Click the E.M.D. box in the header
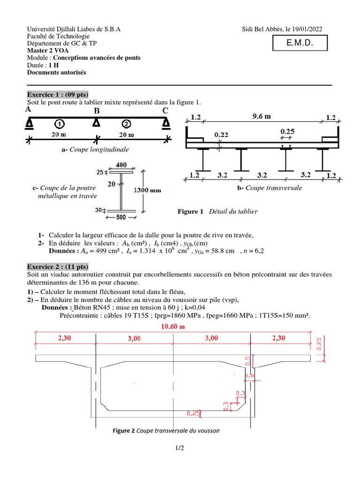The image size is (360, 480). [x=300, y=44]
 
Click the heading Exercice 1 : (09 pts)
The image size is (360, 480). [x=58, y=94]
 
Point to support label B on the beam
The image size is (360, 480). [x=97, y=111]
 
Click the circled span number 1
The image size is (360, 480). [x=59, y=124]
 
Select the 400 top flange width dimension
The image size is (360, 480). [x=121, y=165]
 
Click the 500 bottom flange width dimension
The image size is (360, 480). [x=121, y=217]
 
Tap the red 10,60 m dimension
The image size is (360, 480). [x=172, y=326]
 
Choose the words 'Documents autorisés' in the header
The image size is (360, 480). [x=57, y=72]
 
